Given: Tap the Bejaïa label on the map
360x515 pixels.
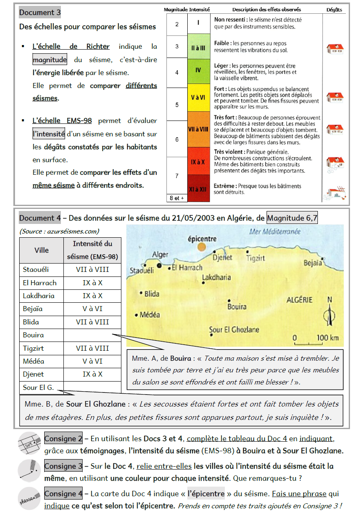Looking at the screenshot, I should point(313,263).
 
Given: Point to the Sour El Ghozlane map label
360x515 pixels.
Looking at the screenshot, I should point(234,330).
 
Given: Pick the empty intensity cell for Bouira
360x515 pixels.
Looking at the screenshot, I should point(92,335).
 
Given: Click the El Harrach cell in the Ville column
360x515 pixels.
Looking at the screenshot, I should point(40,283).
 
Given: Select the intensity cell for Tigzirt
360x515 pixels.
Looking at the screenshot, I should point(92,348).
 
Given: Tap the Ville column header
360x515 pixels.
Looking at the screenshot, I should point(41,250).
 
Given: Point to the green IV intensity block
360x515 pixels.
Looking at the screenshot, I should point(198,70).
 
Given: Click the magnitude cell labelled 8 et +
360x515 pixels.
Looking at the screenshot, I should point(177,198).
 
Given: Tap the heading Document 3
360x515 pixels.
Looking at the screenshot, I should point(40,13).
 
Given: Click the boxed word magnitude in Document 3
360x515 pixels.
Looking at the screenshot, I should point(50,60).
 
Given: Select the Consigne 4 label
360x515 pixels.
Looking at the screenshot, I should point(63,494).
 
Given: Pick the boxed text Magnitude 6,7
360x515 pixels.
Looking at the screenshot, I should point(292,218).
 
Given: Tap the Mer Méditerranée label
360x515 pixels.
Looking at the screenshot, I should point(275,232).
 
